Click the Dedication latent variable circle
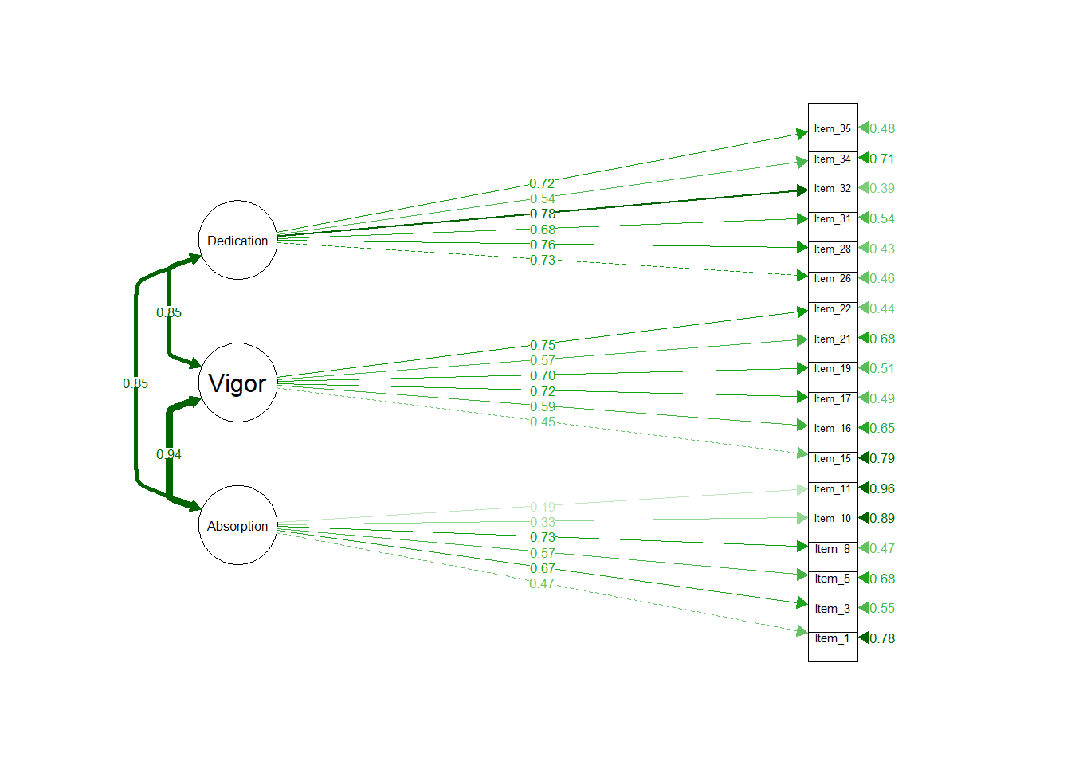coord(237,240)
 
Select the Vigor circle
coord(237,382)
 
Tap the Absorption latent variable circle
coord(237,525)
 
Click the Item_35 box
coord(833,128)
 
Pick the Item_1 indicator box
coord(833,638)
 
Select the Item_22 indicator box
coord(833,308)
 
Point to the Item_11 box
coord(833,488)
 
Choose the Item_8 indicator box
coord(833,548)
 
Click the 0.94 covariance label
coord(169,454)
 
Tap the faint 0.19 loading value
coord(543,507)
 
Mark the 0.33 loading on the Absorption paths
coord(543,522)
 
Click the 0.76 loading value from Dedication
coord(543,245)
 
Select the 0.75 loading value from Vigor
coord(543,345)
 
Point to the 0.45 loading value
coord(543,422)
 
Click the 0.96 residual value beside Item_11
coord(882,488)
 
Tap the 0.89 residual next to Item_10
coord(882,518)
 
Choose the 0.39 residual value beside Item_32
coord(882,188)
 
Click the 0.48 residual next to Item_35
coord(882,128)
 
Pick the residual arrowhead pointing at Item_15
coord(863,458)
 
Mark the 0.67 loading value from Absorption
coord(543,568)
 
